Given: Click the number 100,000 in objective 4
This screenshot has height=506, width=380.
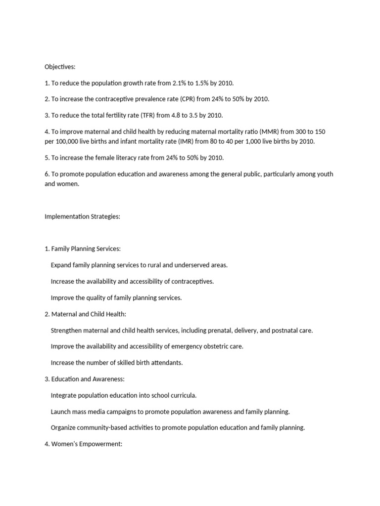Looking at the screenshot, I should [x=69, y=141].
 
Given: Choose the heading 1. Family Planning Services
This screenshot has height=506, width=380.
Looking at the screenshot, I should [x=82, y=249].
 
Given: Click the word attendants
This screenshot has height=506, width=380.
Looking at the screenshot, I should [x=166, y=363].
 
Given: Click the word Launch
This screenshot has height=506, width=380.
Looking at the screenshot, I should [x=61, y=412].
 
